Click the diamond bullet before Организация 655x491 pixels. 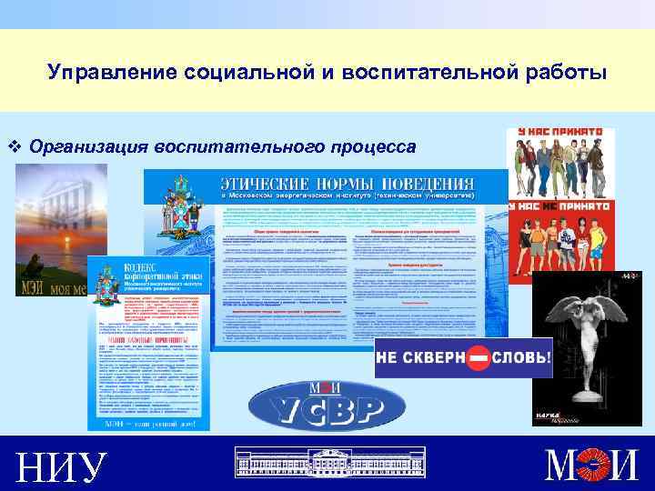[x=13, y=146]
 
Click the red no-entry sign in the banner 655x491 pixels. [x=479, y=356]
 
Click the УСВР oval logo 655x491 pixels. [x=316, y=406]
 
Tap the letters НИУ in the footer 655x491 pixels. [x=60, y=466]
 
